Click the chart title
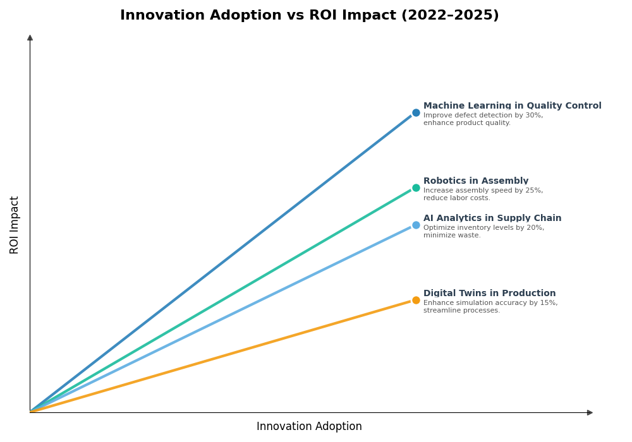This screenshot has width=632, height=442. pyautogui.click(x=309, y=15)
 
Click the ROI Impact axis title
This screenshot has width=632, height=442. pyautogui.click(x=15, y=225)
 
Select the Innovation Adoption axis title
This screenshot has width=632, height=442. pyautogui.click(x=309, y=427)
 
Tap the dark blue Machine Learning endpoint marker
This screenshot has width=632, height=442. pyautogui.click(x=416, y=113)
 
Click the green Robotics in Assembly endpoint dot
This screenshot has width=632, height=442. pyautogui.click(x=416, y=188)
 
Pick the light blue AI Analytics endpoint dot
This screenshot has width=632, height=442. pyautogui.click(x=416, y=225)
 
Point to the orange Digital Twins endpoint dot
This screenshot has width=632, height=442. pyautogui.click(x=416, y=301)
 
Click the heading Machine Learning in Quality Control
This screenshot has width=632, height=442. pyautogui.click(x=512, y=106)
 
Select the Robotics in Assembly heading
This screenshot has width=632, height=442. pyautogui.click(x=475, y=181)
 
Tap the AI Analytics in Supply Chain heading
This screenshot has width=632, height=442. pyautogui.click(x=492, y=218)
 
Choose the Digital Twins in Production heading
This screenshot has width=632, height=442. pyautogui.click(x=489, y=294)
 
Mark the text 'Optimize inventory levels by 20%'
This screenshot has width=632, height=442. pyautogui.click(x=483, y=228)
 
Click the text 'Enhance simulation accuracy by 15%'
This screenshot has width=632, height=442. pyautogui.click(x=490, y=303)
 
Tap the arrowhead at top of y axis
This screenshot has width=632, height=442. pyautogui.click(x=30, y=38)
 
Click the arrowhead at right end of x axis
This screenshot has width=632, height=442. pyautogui.click(x=590, y=413)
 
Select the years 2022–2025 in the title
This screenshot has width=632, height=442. pyautogui.click(x=449, y=15)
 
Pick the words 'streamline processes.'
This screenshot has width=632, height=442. pyautogui.click(x=461, y=311)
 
